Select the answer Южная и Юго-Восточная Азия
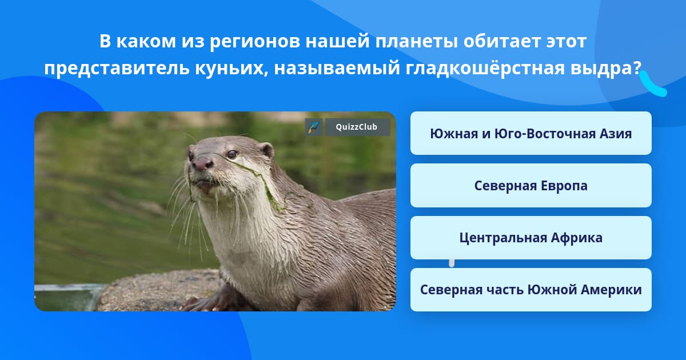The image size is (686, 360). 531,133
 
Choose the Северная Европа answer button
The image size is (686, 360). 531,186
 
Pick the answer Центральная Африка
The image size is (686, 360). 531,238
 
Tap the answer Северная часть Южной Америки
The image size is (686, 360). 531,290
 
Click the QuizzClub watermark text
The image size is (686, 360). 357,127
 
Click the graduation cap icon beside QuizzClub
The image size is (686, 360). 313,127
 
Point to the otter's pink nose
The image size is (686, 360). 202,164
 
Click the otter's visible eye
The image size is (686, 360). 232,154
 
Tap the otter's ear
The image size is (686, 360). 266,151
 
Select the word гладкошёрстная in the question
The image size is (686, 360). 485,67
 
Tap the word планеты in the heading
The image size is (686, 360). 417,42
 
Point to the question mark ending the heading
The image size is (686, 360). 637,67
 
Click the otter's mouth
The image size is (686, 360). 205,183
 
